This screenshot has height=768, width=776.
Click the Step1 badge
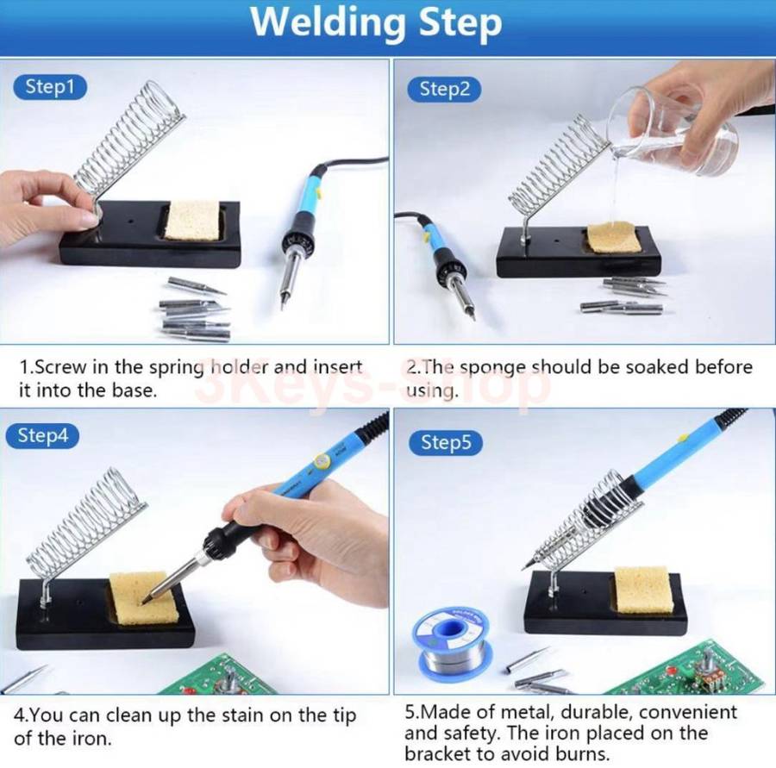pyautogui.click(x=49, y=87)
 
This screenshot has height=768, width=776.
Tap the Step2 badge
pyautogui.click(x=444, y=90)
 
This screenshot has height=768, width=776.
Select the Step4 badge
pyautogui.click(x=42, y=436)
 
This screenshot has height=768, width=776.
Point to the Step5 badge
pyautogui.click(x=446, y=442)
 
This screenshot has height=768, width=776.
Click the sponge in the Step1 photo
pyautogui.click(x=192, y=221)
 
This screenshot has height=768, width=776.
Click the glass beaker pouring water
pyautogui.click(x=673, y=130)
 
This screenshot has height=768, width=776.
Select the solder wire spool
pyautogui.click(x=450, y=640)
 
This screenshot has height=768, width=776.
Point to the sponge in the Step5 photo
pyautogui.click(x=643, y=590)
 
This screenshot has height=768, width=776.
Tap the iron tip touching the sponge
pyautogui.click(x=146, y=601)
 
